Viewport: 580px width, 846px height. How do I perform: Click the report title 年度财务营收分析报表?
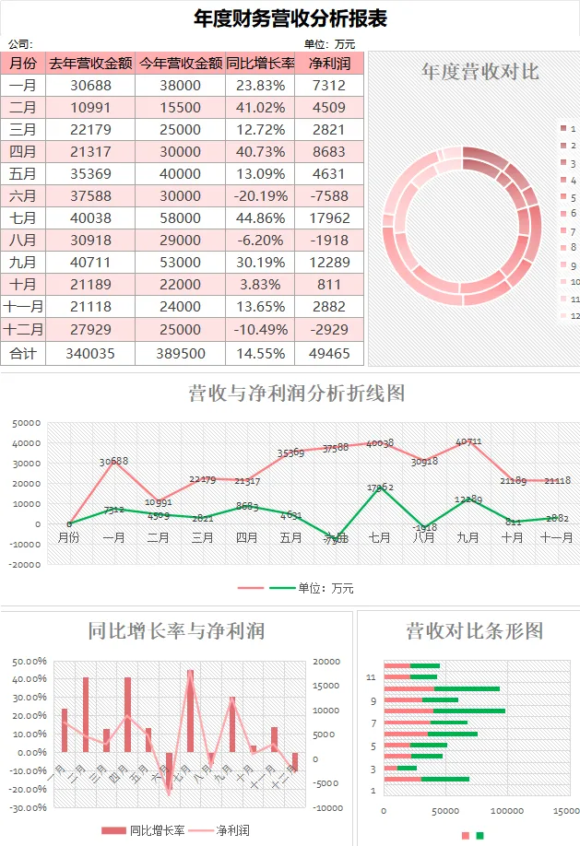[290, 18]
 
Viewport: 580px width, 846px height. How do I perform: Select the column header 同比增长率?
[260, 64]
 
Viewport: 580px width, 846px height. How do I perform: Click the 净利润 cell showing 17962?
[330, 218]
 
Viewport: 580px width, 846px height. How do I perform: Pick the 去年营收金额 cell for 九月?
[90, 263]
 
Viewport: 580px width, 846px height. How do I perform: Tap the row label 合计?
[23, 352]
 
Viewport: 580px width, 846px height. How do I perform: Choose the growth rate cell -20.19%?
[260, 196]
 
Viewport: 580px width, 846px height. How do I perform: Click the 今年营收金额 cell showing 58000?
[180, 218]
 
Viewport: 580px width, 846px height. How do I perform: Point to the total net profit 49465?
[330, 352]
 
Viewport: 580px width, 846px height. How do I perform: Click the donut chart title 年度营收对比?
[479, 71]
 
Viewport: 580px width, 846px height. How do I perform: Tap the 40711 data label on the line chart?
[468, 441]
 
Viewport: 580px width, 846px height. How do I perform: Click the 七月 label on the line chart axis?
[380, 537]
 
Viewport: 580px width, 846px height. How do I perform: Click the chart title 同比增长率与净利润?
[176, 630]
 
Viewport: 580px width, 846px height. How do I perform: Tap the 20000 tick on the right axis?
[327, 662]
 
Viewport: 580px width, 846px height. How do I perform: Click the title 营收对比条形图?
[474, 630]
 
